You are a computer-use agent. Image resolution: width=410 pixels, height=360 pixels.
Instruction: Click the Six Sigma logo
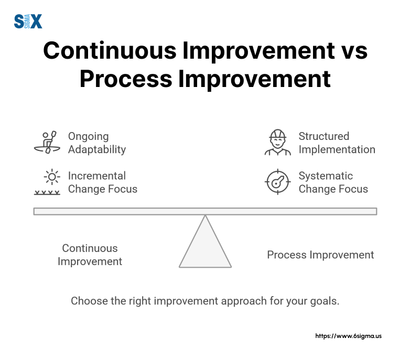coord(27,21)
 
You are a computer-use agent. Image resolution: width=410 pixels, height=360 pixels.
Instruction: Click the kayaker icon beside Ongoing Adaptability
coord(47,143)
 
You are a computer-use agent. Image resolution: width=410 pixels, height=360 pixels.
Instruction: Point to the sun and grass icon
coord(47,182)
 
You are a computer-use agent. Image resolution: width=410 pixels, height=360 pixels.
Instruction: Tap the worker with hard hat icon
coord(277,143)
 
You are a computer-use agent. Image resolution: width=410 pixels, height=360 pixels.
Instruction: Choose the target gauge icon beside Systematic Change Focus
coord(277,182)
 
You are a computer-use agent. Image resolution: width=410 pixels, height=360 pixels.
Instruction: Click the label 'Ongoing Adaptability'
coord(97,143)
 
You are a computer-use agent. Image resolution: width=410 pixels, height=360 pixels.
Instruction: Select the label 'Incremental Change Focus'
coord(103,182)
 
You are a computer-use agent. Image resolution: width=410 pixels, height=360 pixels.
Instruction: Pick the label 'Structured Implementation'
coord(337,143)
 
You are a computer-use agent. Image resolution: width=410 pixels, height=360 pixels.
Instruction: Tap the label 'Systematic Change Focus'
coord(333,182)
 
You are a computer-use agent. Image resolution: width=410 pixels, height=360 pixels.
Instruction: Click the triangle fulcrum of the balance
coord(205,246)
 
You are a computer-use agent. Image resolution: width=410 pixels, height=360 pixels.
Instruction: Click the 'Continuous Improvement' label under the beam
coord(90,255)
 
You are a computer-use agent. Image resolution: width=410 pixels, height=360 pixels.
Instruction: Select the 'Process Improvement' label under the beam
coord(320,255)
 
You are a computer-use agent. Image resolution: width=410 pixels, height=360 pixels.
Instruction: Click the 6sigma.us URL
coord(348,336)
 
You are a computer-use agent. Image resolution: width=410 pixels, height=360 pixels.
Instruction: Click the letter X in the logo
coord(36,21)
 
